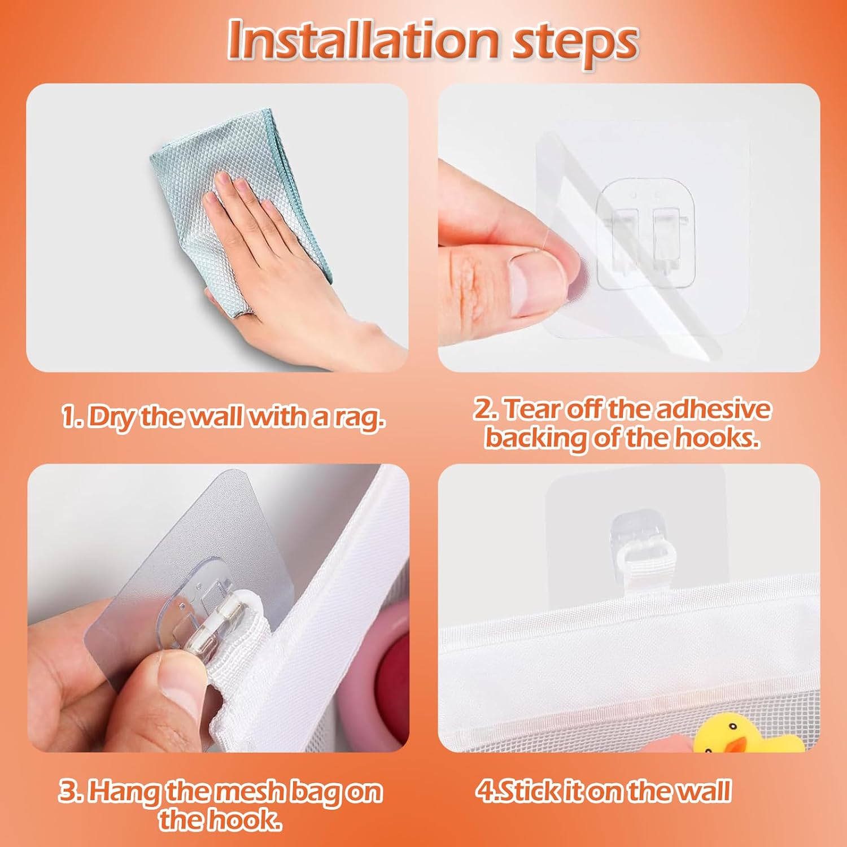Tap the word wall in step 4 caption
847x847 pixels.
coord(705,791)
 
